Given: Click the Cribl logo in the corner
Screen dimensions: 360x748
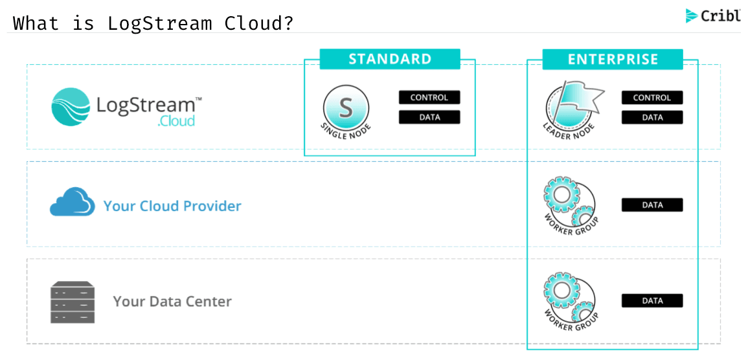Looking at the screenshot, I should pyautogui.click(x=713, y=16).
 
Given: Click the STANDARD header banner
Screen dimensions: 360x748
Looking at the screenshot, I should pyautogui.click(x=390, y=59).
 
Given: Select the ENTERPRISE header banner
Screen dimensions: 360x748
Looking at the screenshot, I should pyautogui.click(x=613, y=60).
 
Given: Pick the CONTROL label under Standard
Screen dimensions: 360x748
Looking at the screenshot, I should pyautogui.click(x=429, y=98).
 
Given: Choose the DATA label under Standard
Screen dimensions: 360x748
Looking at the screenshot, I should pyautogui.click(x=429, y=117).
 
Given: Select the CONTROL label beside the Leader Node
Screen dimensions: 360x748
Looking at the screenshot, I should pyautogui.click(x=652, y=98).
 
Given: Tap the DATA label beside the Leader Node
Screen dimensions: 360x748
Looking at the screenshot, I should pyautogui.click(x=652, y=118).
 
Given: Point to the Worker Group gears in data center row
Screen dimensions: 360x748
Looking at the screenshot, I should pyautogui.click(x=571, y=298).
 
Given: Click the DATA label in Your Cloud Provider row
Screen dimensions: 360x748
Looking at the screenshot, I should pyautogui.click(x=652, y=205).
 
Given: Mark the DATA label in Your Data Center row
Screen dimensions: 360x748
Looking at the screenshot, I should pyautogui.click(x=652, y=300).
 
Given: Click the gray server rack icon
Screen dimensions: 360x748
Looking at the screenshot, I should pyautogui.click(x=73, y=302).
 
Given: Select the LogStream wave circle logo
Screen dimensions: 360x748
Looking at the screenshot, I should pyautogui.click(x=71, y=107).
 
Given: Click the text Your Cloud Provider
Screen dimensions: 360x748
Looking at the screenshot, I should pyautogui.click(x=172, y=206).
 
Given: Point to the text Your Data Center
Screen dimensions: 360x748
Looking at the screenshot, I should pyautogui.click(x=172, y=302).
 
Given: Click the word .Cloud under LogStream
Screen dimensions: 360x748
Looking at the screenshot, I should pyautogui.click(x=176, y=121).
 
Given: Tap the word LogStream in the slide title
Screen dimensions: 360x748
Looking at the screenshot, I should pyautogui.click(x=159, y=23).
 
